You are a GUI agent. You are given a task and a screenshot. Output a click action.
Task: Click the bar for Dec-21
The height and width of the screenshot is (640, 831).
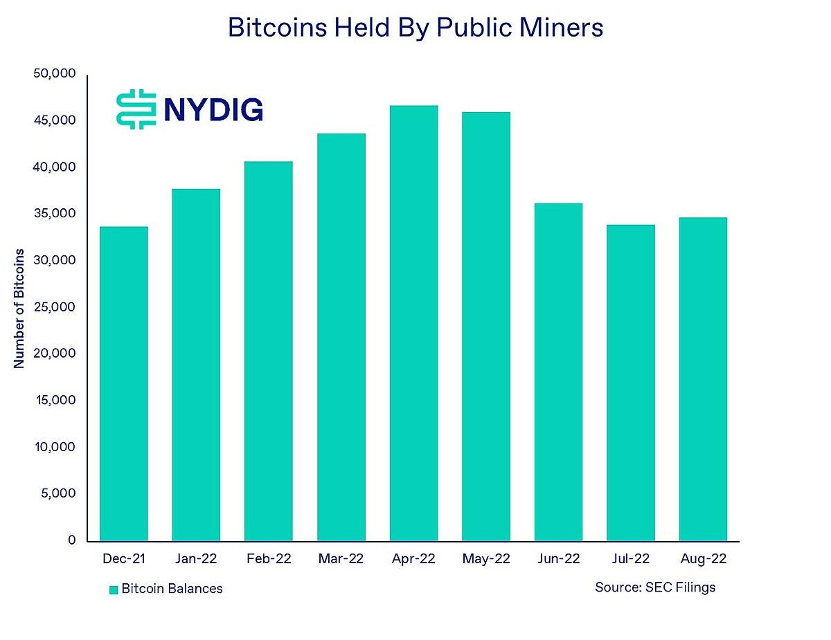124,384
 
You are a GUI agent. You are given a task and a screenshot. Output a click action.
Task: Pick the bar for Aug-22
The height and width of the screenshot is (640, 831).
703,379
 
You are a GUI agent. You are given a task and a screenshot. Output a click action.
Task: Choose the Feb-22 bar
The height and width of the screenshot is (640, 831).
269,351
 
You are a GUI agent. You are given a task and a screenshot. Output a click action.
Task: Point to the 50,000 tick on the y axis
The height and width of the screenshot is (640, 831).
54,74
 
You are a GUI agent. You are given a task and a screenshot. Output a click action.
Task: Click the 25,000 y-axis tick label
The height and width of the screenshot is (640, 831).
54,307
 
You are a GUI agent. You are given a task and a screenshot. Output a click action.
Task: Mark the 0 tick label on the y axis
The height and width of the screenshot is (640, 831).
71,540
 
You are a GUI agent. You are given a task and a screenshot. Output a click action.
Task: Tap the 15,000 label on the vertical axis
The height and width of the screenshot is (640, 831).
54,401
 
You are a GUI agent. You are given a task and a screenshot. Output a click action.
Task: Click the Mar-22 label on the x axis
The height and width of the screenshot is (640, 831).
341,558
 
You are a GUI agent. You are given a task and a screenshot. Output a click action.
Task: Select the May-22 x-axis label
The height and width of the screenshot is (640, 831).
485,558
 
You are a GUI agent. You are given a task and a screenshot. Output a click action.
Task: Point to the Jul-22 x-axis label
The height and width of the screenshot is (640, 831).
630,558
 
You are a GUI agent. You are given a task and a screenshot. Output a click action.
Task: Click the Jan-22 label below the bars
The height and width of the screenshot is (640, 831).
196,558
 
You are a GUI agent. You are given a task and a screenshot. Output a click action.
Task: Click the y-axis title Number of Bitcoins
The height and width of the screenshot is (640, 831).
19,308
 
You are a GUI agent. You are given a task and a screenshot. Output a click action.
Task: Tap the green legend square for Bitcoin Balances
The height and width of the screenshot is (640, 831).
114,589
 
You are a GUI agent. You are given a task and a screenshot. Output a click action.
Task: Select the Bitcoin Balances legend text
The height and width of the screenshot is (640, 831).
172,589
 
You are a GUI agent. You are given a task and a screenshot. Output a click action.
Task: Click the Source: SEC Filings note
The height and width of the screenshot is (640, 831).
654,587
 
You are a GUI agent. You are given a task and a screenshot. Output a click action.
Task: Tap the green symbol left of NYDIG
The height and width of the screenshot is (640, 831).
134,109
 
